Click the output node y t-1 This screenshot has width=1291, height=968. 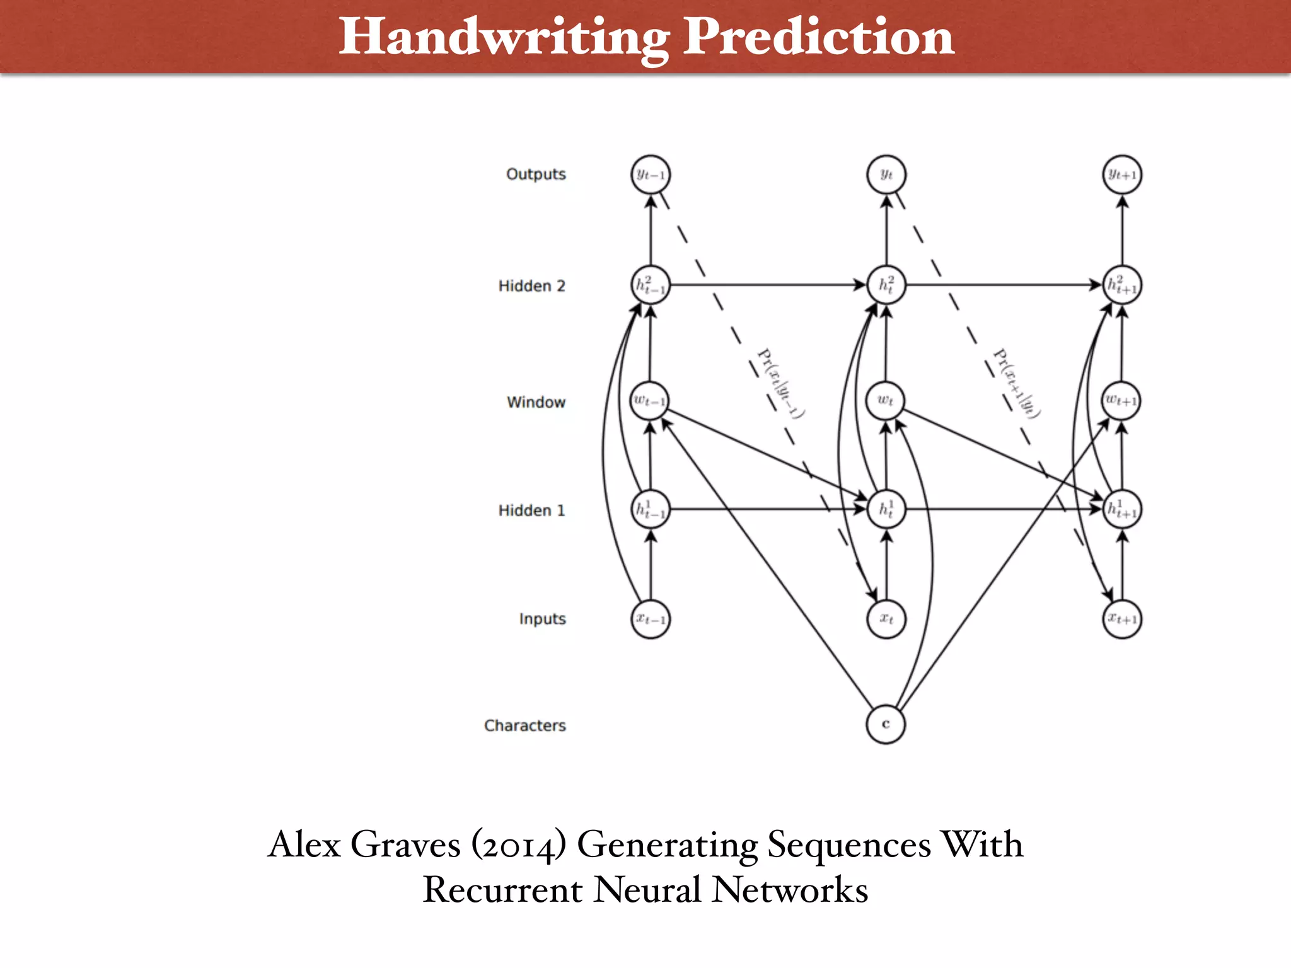651,175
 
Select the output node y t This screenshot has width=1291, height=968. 886,175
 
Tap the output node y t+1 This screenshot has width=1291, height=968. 1122,175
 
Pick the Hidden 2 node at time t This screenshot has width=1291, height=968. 886,285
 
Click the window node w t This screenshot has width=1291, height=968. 886,401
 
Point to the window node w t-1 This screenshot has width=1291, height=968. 650,401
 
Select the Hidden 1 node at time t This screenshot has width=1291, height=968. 886,509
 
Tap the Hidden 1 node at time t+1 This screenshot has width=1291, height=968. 1122,509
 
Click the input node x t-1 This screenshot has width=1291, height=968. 651,619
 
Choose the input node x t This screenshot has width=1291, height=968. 886,619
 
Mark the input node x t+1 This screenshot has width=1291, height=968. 1122,619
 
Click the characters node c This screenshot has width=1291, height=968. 886,724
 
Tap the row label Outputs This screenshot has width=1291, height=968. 536,175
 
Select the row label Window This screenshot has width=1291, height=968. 536,402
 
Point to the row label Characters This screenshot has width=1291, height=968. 524,725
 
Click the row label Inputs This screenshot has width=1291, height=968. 542,619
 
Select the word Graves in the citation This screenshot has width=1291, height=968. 405,845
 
